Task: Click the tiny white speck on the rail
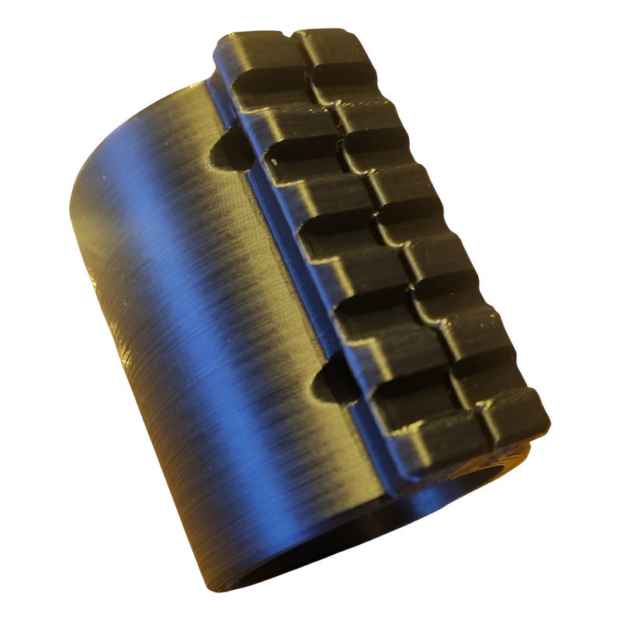(x=273, y=161)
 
